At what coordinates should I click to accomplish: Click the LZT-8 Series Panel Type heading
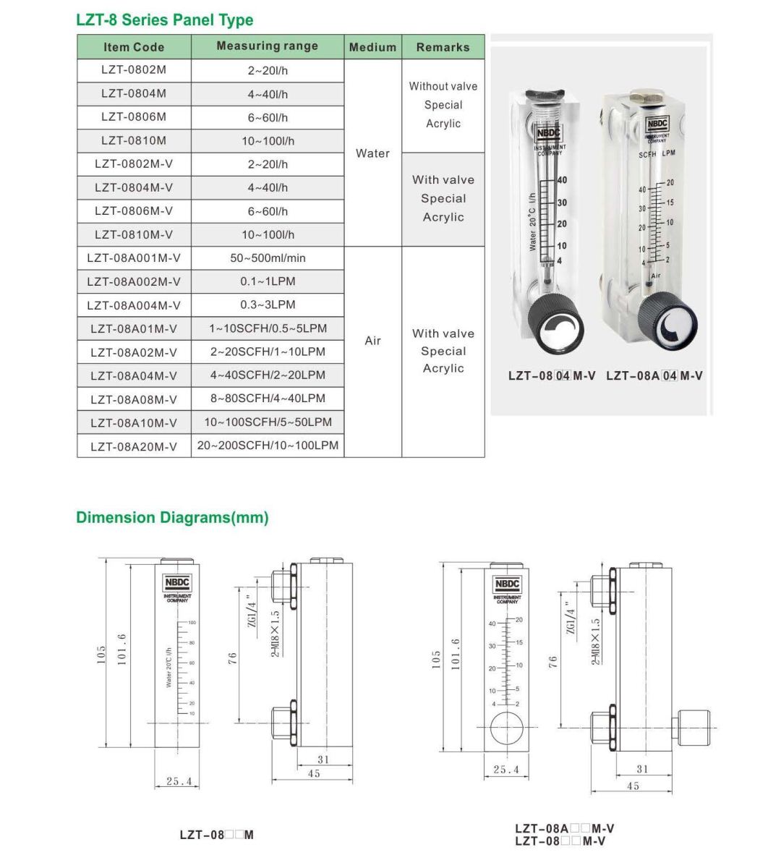click(x=165, y=20)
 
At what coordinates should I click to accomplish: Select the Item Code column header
click(x=134, y=47)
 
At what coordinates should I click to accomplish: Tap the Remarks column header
click(x=443, y=47)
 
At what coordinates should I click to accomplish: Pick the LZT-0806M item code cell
click(x=134, y=116)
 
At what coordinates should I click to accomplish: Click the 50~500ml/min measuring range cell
click(x=268, y=258)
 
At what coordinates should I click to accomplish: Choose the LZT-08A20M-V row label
click(x=134, y=446)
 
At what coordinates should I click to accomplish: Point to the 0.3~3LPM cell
click(x=268, y=305)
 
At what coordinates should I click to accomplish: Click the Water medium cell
click(x=372, y=153)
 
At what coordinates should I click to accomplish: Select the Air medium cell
click(x=372, y=341)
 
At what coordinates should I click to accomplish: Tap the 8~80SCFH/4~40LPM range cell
click(x=268, y=399)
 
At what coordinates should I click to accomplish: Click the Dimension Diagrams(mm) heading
click(x=172, y=518)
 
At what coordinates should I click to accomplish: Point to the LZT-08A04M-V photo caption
click(x=654, y=375)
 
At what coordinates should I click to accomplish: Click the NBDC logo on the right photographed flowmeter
click(x=657, y=125)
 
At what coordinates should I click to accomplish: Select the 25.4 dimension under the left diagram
click(x=179, y=781)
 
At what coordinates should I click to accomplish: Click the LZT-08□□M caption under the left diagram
click(x=216, y=835)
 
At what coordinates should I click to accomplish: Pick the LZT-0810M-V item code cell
click(x=134, y=234)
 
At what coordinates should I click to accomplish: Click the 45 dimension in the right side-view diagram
click(x=633, y=786)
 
